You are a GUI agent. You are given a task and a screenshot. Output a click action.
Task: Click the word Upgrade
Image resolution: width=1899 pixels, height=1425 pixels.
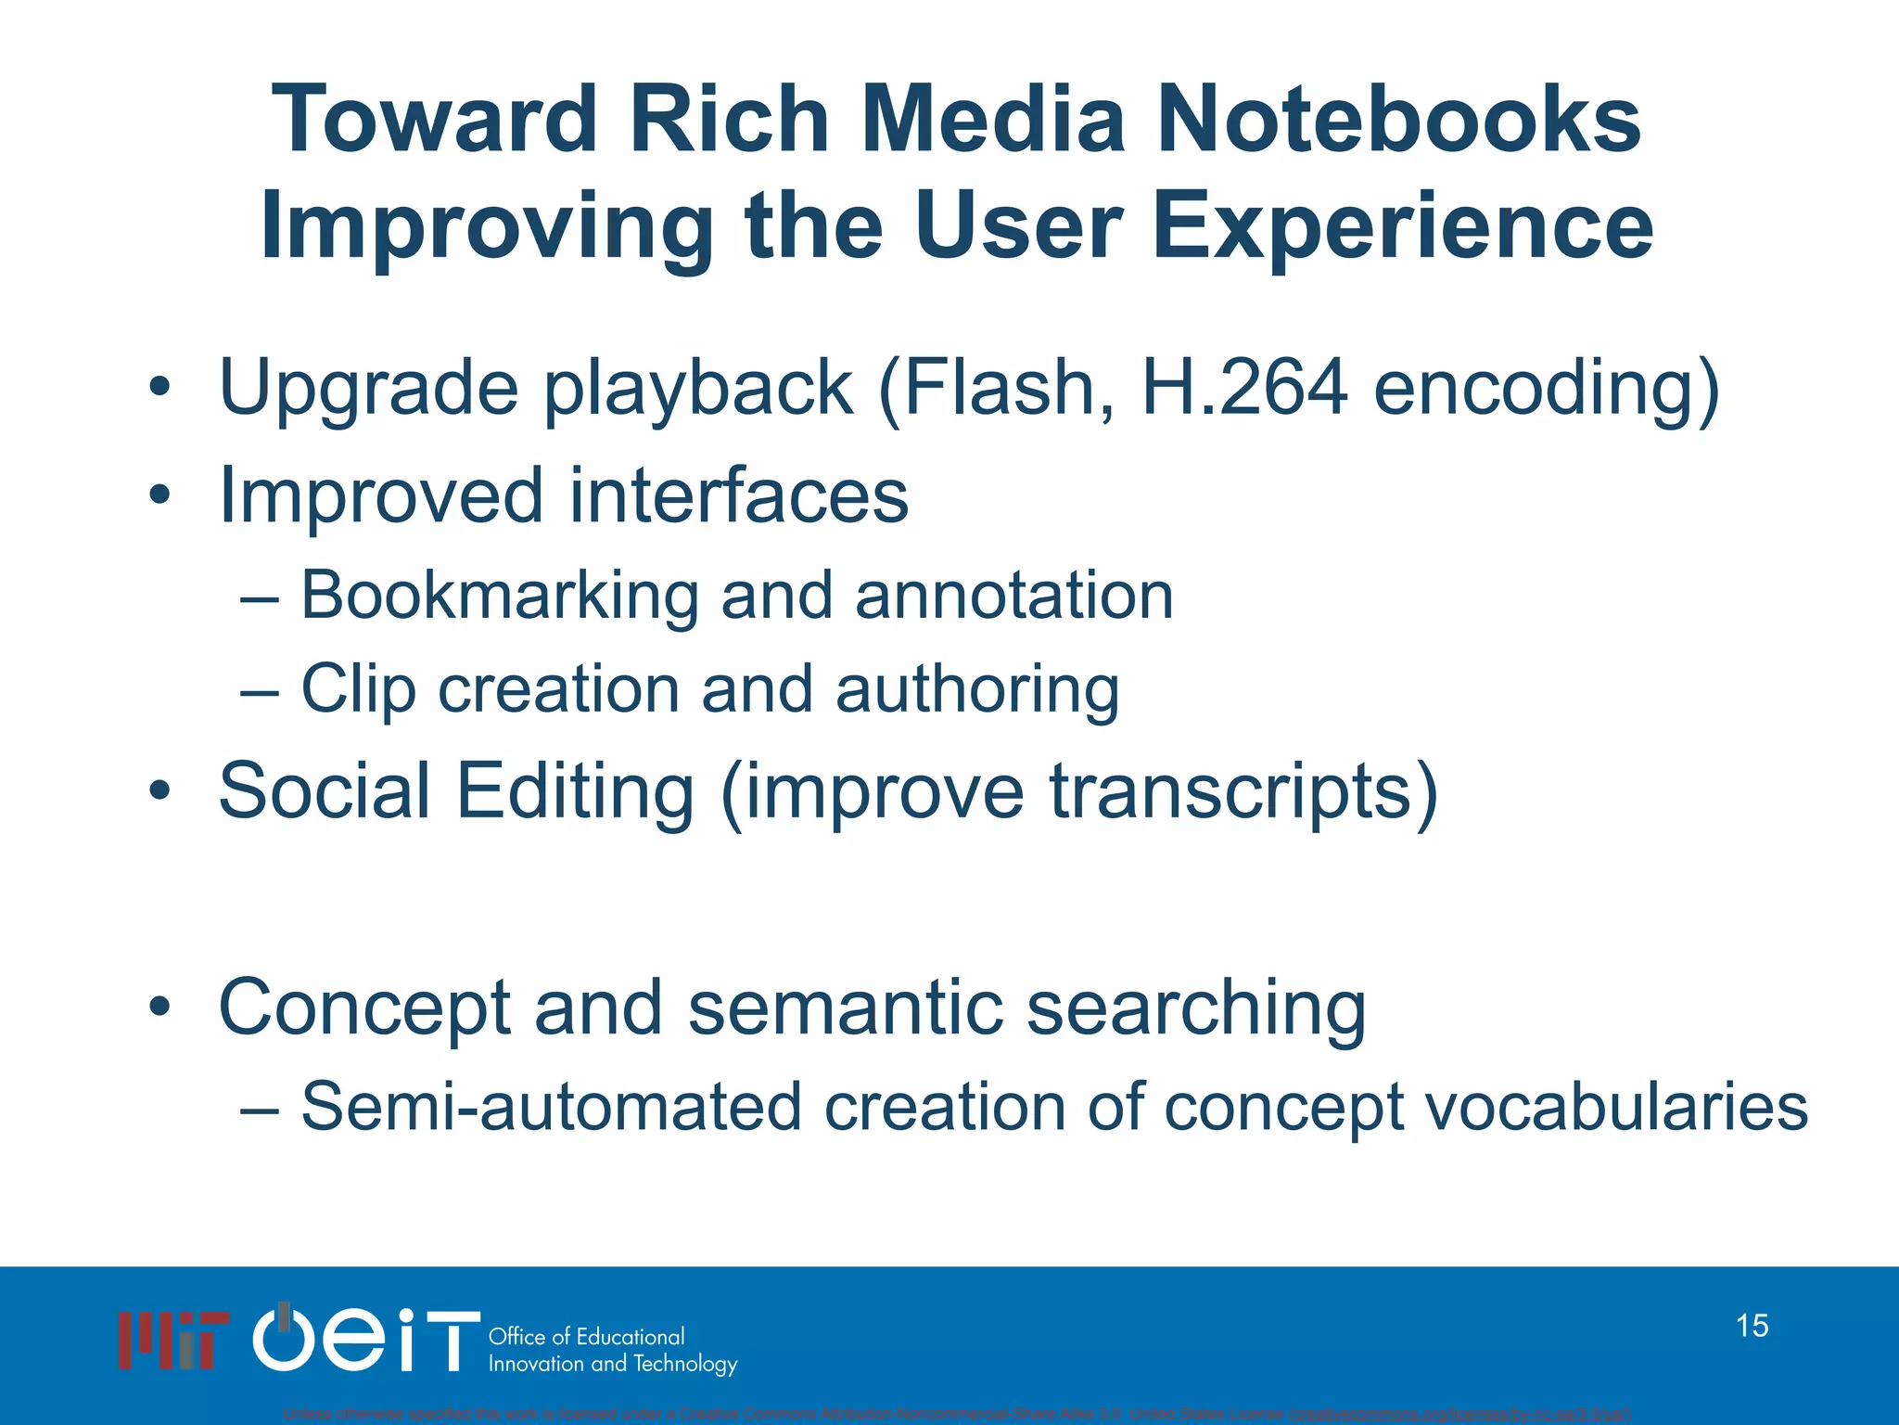tap(368, 390)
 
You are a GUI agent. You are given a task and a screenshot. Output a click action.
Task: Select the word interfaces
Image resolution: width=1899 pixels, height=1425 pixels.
tap(738, 495)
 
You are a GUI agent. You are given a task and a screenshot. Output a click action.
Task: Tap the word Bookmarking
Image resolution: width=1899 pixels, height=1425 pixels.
tap(500, 597)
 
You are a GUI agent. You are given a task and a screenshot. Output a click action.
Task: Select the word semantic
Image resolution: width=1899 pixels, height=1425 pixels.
tap(845, 1008)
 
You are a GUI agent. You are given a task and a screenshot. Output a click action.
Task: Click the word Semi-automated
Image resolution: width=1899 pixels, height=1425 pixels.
tap(551, 1107)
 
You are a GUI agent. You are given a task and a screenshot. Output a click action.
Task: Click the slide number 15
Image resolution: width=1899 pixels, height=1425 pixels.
tap(1752, 1326)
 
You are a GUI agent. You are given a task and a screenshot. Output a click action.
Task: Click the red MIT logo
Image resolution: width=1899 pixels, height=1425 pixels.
tap(172, 1340)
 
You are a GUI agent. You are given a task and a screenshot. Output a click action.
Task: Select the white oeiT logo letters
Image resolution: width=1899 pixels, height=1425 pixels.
tap(367, 1338)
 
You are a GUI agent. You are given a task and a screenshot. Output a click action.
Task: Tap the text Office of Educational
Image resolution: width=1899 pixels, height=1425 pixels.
tap(586, 1337)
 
